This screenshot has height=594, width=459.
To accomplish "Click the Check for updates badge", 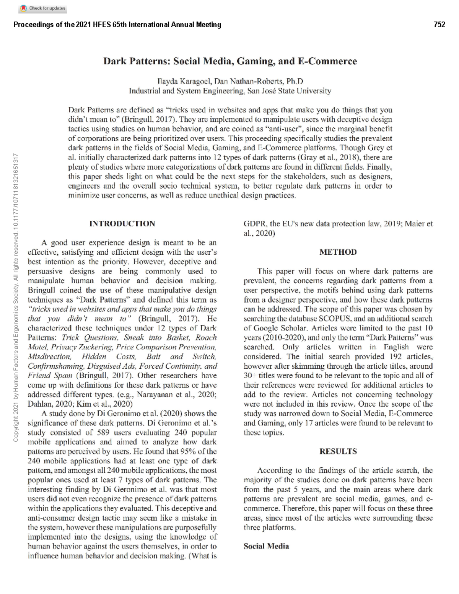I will pos(42,8).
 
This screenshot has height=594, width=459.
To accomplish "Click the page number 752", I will pos(439,25).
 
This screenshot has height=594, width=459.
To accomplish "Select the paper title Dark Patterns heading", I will pos(230,61).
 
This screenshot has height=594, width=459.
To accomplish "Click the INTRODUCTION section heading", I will pos(122,224).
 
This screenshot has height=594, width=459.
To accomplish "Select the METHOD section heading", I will pos(338,252).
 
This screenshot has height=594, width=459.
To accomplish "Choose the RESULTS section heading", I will pos(338,451).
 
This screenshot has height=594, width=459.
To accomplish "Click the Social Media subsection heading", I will pos(266,546).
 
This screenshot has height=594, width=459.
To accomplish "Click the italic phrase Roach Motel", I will pos(122,342).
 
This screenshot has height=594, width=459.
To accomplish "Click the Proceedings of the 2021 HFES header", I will pos(117,25).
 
